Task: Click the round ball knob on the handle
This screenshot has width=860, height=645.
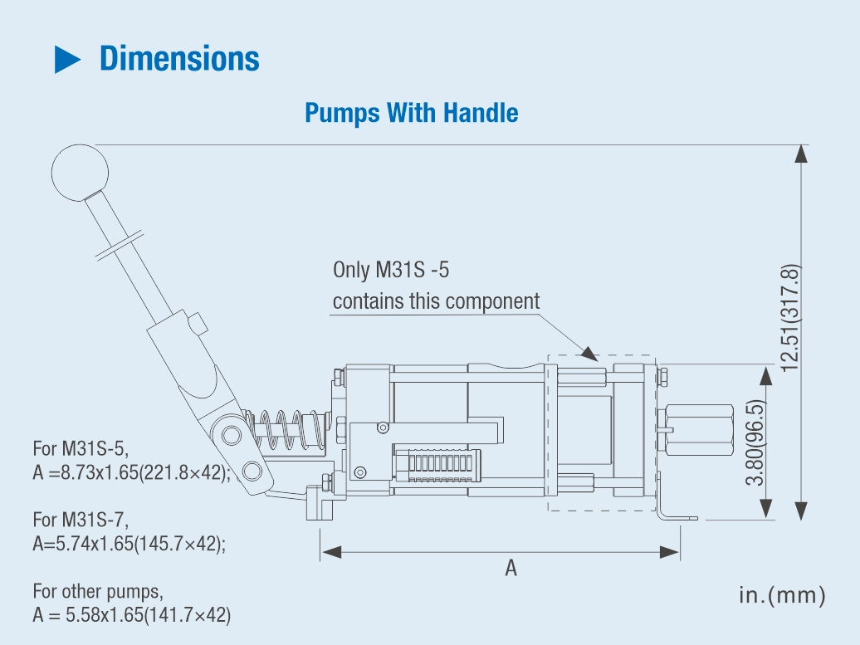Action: (x=80, y=173)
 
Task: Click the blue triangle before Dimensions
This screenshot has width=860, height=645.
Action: (x=67, y=59)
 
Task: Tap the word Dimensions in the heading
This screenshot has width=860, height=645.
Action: (x=179, y=59)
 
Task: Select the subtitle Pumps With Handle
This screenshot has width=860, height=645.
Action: (x=412, y=113)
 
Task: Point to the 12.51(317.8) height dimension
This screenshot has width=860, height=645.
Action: (x=790, y=318)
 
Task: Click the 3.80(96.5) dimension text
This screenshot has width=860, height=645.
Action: (x=755, y=442)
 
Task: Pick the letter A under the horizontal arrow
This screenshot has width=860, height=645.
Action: (x=511, y=568)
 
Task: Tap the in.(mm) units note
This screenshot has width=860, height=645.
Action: (x=782, y=595)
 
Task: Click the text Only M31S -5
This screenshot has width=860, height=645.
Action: (x=391, y=270)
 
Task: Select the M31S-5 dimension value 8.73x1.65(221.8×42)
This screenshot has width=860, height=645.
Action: (x=146, y=472)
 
